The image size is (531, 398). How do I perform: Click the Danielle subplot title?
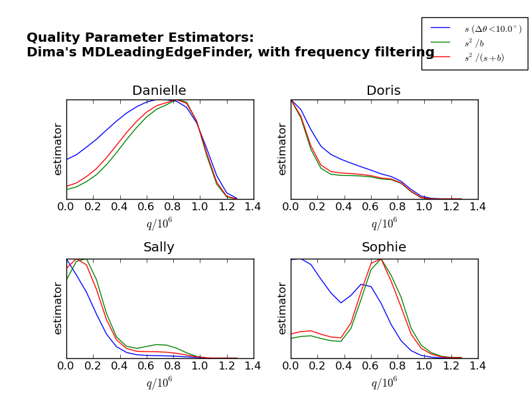pos(159,91)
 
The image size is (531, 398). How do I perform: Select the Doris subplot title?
pos(384,91)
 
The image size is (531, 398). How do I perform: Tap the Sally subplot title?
pos(159,247)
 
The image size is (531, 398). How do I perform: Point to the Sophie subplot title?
pos(384,247)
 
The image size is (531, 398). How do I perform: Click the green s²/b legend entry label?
pos(483,43)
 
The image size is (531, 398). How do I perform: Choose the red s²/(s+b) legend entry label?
pos(484,58)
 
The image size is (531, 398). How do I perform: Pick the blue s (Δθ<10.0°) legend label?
pos(493,29)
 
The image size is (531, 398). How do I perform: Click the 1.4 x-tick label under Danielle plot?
pos(252,206)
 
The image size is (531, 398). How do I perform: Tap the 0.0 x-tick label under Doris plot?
pos(291,206)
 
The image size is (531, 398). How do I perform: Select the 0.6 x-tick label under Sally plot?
pos(146,365)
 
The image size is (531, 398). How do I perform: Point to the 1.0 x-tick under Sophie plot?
pos(424,365)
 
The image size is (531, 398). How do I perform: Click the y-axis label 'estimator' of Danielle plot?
pos(58,149)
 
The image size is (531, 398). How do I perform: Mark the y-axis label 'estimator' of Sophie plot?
pos(283,308)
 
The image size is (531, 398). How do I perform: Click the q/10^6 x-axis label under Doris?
pos(384,224)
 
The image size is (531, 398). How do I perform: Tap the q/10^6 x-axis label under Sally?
pos(159,383)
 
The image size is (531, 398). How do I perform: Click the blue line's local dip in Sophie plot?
pos(341,303)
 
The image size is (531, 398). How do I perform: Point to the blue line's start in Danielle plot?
pos(66,160)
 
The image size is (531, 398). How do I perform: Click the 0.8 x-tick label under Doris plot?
pos(398,206)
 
